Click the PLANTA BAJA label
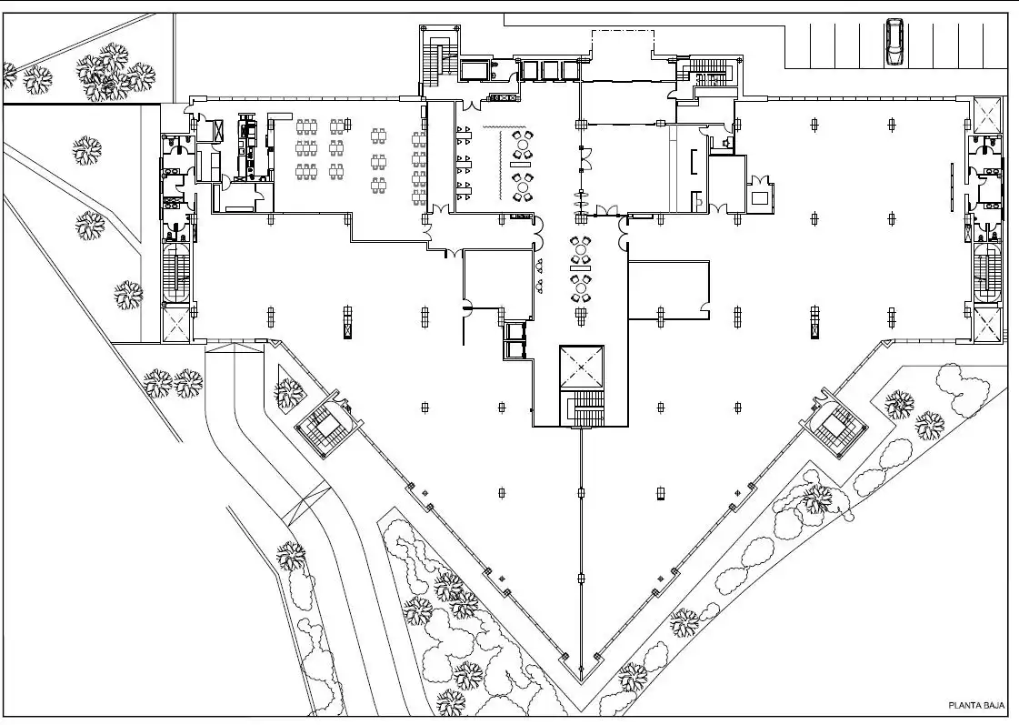[976, 705]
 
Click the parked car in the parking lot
[894, 42]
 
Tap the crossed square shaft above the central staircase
[582, 368]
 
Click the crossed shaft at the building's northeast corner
[986, 116]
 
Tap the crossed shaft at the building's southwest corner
[176, 323]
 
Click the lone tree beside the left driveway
[291, 556]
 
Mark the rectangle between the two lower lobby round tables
[581, 261]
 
